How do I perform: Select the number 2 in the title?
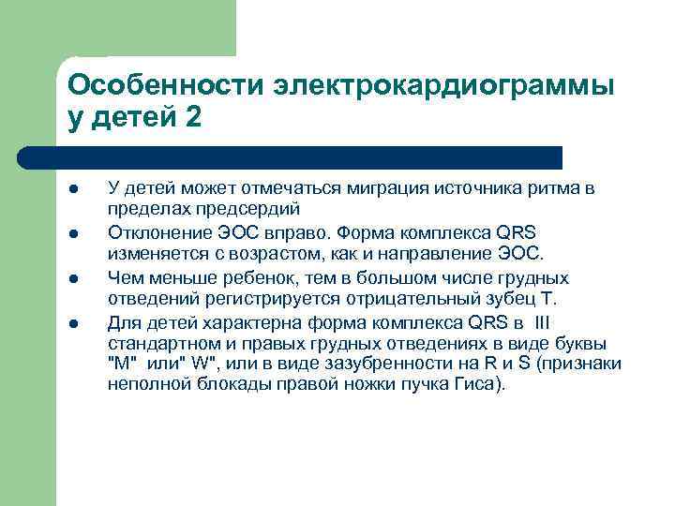[x=193, y=121]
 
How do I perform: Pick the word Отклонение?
[x=152, y=233]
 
